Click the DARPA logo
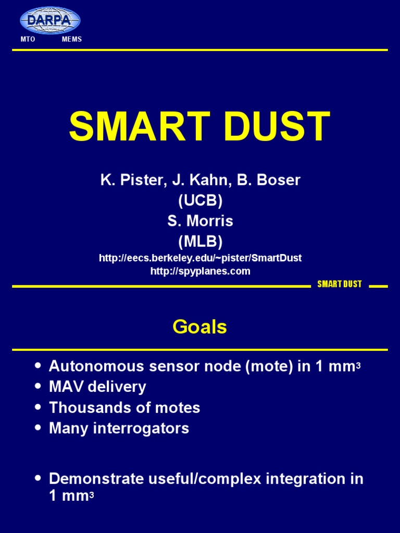tap(50, 21)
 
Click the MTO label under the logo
tap(28, 40)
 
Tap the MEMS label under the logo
tap(72, 40)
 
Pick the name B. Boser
tap(269, 180)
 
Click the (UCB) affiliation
tap(200, 200)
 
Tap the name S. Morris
tap(200, 221)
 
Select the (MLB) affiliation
tap(200, 241)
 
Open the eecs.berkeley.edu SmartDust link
tap(200, 258)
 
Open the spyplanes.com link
tap(200, 271)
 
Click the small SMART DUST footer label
tap(340, 284)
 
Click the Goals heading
tap(200, 327)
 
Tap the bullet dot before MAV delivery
tap(37, 387)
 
